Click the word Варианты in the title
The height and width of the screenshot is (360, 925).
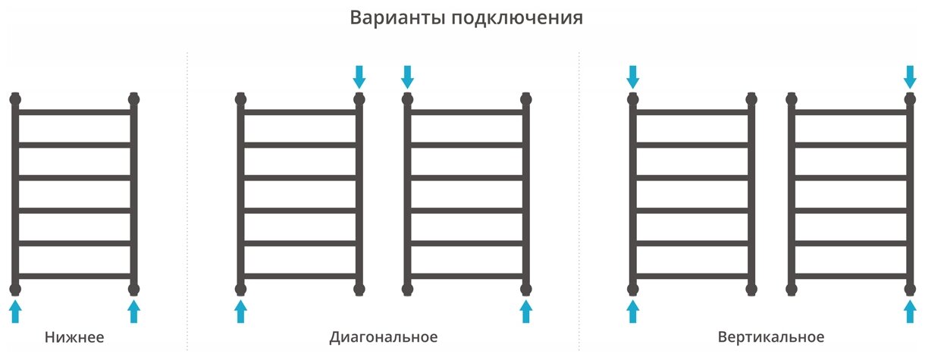tap(397, 18)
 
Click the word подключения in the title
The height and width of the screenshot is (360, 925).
tap(517, 19)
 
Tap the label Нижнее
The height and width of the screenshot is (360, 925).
tap(74, 337)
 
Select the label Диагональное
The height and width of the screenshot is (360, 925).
tap(384, 337)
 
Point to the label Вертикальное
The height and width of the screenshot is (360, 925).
tap(770, 337)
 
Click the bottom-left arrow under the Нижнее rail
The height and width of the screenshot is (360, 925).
tap(16, 311)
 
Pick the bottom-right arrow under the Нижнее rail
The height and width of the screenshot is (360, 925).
tap(134, 311)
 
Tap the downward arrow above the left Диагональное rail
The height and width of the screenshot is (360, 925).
tap(359, 76)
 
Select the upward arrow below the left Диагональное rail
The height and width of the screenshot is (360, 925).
tap(241, 311)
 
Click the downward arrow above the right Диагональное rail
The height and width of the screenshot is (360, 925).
tap(407, 76)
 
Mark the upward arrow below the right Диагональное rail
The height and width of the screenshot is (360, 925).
tap(526, 311)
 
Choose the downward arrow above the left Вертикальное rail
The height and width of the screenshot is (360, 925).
tap(633, 76)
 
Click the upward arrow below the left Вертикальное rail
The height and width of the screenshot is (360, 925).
tap(633, 311)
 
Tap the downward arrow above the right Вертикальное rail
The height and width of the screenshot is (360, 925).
tap(911, 76)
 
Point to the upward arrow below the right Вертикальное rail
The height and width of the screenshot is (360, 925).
tap(911, 311)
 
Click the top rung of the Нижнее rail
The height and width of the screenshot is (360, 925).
tap(75, 112)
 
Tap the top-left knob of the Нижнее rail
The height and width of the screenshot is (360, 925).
tap(16, 99)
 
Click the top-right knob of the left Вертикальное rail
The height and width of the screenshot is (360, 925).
tap(751, 99)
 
